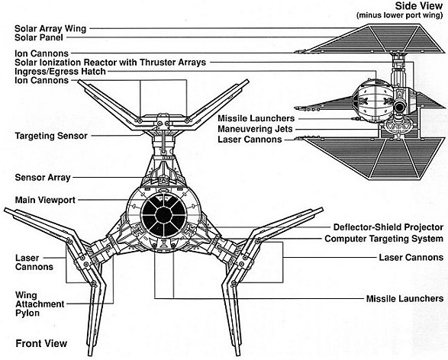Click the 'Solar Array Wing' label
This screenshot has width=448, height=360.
[x=50, y=29]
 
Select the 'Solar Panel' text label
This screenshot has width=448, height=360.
[x=39, y=37]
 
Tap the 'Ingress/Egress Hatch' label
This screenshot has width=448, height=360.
[x=60, y=72]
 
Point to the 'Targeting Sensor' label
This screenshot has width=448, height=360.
[x=51, y=136]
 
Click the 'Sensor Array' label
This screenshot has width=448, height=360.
[x=43, y=178]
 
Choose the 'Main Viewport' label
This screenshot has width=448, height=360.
[x=45, y=200]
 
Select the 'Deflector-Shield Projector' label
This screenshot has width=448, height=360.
[x=388, y=227]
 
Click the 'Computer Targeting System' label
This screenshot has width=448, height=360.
[x=384, y=239]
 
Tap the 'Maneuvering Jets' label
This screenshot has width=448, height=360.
[x=255, y=129]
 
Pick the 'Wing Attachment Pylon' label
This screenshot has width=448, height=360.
[x=40, y=304]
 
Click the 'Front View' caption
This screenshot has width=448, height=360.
[x=41, y=343]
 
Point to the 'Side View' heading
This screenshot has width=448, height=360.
[x=419, y=6]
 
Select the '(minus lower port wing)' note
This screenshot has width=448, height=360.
[x=400, y=15]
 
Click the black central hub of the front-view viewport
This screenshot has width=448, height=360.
[x=164, y=215]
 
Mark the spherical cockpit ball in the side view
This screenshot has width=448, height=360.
[x=373, y=101]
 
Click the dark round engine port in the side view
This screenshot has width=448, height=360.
[x=400, y=107]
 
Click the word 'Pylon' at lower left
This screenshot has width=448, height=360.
[x=27, y=313]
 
